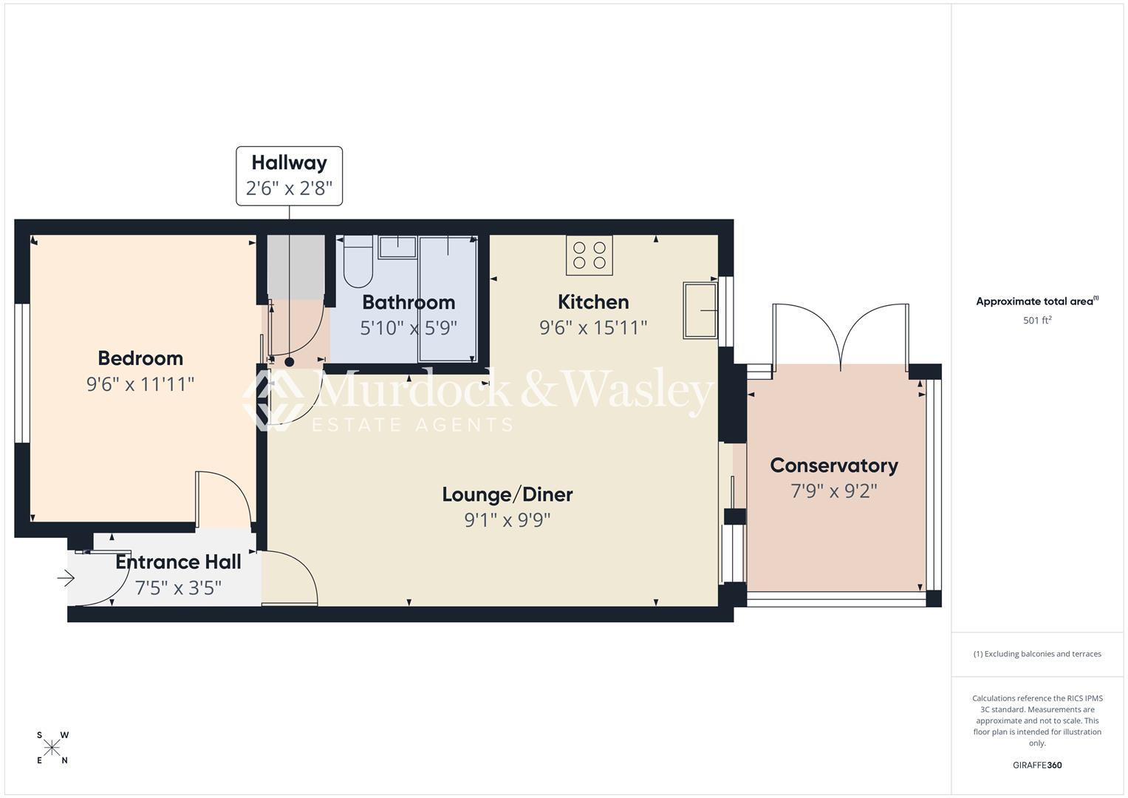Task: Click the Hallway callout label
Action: pyautogui.click(x=289, y=163)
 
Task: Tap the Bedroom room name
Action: pyautogui.click(x=140, y=358)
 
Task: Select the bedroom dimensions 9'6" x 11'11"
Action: pyautogui.click(x=140, y=384)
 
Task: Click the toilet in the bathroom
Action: pyautogui.click(x=358, y=262)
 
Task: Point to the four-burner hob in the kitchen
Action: pyautogui.click(x=589, y=255)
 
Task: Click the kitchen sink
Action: pyautogui.click(x=700, y=310)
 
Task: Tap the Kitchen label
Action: pyautogui.click(x=593, y=302)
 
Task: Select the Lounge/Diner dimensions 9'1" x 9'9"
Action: pyautogui.click(x=507, y=520)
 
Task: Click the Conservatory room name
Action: pyautogui.click(x=834, y=465)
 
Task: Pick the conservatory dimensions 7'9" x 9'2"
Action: pyautogui.click(x=834, y=491)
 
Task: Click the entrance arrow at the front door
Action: pyautogui.click(x=66, y=579)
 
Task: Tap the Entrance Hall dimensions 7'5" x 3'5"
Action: pyautogui.click(x=178, y=588)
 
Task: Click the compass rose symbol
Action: pyautogui.click(x=52, y=748)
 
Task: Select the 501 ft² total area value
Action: pyautogui.click(x=1037, y=321)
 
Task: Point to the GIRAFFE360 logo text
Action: pyautogui.click(x=1037, y=765)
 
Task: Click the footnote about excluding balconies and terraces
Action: pyautogui.click(x=1037, y=654)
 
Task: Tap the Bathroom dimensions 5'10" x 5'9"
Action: pyautogui.click(x=409, y=328)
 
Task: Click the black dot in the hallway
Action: pyautogui.click(x=290, y=362)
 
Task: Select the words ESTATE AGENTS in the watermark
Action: pyautogui.click(x=412, y=425)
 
